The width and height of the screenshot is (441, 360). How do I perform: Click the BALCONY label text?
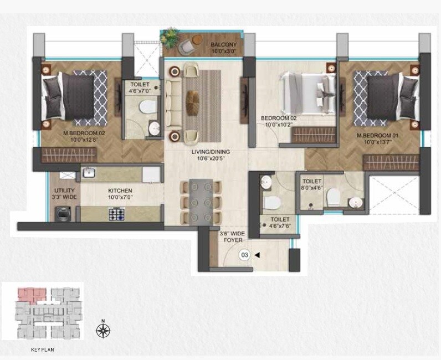point(223,48)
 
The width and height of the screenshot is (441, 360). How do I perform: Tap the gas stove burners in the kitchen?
point(117,213)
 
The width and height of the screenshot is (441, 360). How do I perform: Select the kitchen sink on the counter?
point(89,174)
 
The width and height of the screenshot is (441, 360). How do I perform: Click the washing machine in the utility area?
point(62,213)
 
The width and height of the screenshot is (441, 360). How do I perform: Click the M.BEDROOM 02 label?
point(84,136)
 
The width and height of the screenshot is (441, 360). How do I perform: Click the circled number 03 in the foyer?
point(243,255)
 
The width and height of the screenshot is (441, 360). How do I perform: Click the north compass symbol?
point(102,331)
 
